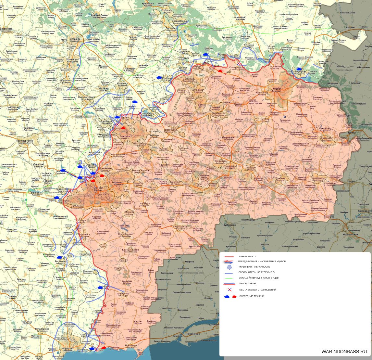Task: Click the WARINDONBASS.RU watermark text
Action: (344, 351)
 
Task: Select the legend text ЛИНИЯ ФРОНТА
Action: (247, 256)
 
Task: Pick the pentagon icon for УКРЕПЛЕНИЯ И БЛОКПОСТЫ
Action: (229, 267)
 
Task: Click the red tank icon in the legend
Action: (234, 296)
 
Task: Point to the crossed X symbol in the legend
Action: (229, 289)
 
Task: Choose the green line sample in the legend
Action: (229, 278)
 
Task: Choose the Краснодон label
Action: (326, 138)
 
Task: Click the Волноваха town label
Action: (61, 261)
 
